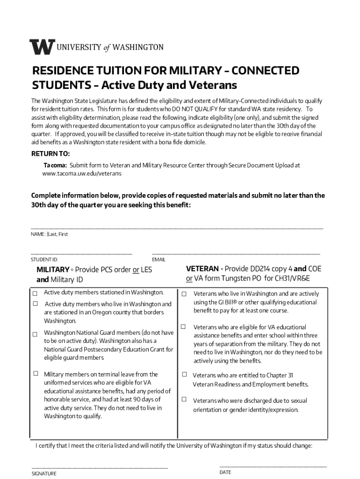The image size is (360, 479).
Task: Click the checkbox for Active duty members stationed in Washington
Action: coord(35,293)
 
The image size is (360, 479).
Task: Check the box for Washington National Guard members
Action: coord(35,334)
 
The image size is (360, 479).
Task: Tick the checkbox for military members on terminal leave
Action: coord(35,374)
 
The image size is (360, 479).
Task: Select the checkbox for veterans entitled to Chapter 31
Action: coord(184,375)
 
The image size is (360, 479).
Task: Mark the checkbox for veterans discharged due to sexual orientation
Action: coord(184,399)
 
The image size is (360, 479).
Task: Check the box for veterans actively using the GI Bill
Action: coord(184,294)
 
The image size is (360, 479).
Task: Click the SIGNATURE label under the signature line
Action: coord(44,473)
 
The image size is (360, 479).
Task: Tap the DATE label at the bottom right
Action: coord(225,472)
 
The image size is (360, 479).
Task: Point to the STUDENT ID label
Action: coord(44,260)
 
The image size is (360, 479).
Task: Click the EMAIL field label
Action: coord(159,260)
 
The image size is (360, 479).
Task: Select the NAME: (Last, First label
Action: coord(50,234)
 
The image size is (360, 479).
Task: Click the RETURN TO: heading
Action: coord(50,154)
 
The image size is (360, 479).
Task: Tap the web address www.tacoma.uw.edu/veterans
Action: coord(82,174)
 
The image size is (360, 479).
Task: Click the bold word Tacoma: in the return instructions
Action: coord(55,165)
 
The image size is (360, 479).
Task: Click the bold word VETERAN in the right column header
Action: coord(202,269)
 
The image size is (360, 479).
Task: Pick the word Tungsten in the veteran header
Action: coord(238,279)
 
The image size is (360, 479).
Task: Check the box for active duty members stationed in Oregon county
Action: coord(35,304)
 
